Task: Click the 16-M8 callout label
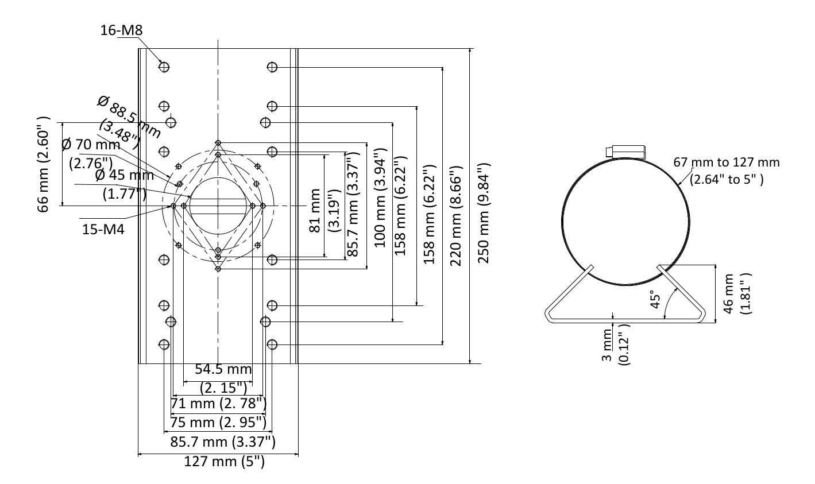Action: (x=121, y=30)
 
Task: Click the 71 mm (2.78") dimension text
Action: (x=218, y=403)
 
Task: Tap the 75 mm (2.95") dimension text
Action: (x=218, y=423)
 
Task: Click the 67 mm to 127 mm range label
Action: (x=727, y=170)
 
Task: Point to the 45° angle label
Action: (x=655, y=299)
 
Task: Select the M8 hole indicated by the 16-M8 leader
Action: (x=165, y=67)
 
